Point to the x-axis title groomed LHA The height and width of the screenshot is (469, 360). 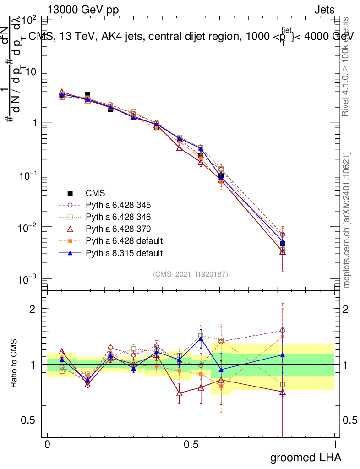click(x=306, y=457)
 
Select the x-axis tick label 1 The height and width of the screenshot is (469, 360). click(x=335, y=445)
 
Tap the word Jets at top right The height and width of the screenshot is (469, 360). click(x=324, y=10)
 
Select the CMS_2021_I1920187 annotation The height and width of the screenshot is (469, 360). click(x=191, y=274)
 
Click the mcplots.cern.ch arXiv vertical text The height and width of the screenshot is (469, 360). click(x=347, y=219)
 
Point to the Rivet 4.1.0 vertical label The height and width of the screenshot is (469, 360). click(x=347, y=66)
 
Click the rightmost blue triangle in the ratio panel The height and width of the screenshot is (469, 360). click(x=283, y=354)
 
